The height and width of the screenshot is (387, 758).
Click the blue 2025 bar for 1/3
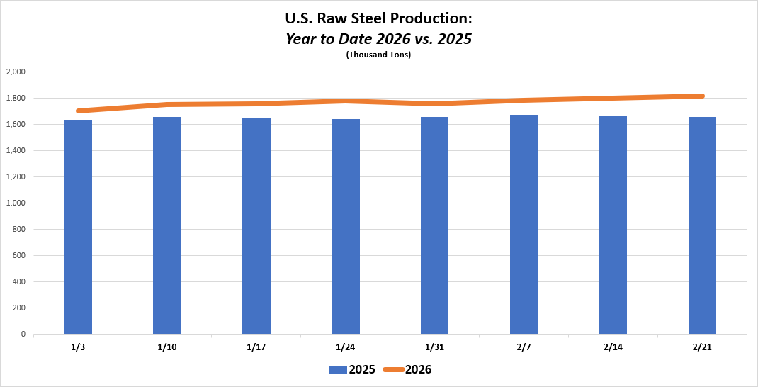coord(78,227)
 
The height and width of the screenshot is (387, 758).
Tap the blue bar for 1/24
coord(346,227)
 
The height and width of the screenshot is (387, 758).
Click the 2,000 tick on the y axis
coord(16,72)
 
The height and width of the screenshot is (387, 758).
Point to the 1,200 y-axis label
coord(16,176)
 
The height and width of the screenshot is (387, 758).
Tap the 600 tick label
coord(19,255)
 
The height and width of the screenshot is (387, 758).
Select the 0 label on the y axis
coord(23,334)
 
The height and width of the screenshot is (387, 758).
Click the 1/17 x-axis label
coord(256,347)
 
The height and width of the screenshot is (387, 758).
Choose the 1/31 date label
coord(434,347)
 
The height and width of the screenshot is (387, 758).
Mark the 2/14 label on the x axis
coord(613,347)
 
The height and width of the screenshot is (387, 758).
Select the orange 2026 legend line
coord(393,369)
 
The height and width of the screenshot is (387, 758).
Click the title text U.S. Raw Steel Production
coord(379,20)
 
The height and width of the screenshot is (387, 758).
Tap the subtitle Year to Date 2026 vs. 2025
coord(379,39)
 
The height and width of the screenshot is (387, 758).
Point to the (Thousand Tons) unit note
coord(379,55)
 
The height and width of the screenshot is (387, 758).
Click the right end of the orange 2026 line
coord(702,96)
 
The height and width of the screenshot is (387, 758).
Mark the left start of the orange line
coord(78,111)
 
